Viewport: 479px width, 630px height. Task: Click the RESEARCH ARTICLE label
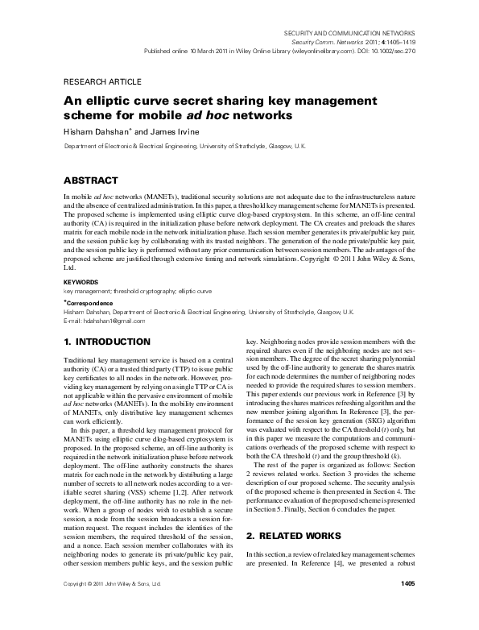point(101,81)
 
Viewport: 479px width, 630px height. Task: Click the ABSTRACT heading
point(91,180)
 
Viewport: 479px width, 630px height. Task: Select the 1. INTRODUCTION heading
point(106,342)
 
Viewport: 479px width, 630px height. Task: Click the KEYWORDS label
point(81,283)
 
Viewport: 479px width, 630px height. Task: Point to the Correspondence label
point(90,303)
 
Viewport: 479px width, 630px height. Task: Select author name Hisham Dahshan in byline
point(90,131)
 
